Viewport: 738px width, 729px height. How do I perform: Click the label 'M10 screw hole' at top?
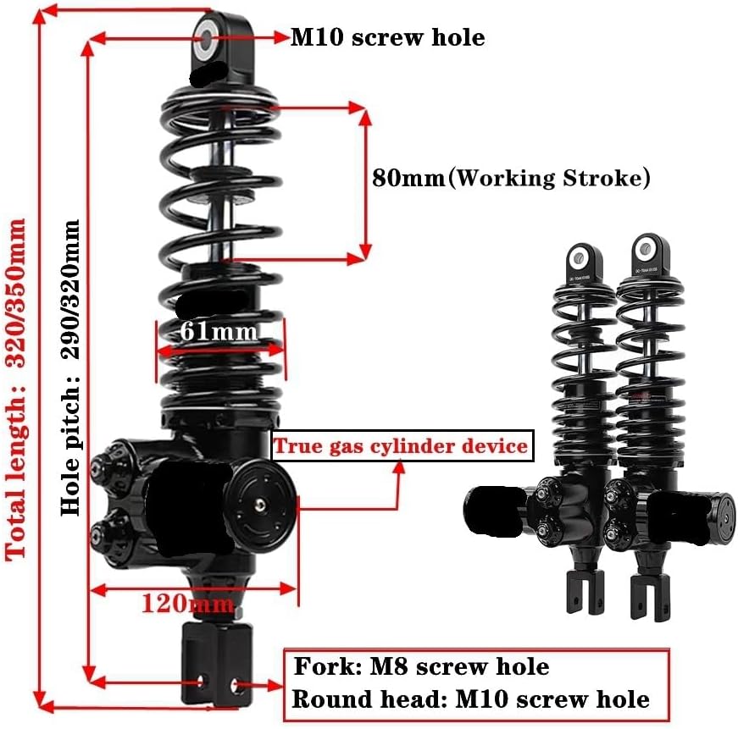coord(388,37)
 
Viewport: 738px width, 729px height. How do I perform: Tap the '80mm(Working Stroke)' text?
coord(511,179)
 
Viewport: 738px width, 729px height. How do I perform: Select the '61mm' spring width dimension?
coord(218,331)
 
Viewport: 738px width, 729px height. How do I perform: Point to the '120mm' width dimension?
coord(187,604)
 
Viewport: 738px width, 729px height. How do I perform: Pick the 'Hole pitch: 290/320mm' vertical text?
coord(71,368)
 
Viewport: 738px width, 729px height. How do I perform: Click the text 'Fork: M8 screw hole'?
coord(421,667)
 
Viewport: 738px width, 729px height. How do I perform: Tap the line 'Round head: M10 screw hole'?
coord(470,699)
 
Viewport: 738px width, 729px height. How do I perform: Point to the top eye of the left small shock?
coord(581,255)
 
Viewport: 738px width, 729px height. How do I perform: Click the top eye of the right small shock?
coord(647,248)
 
